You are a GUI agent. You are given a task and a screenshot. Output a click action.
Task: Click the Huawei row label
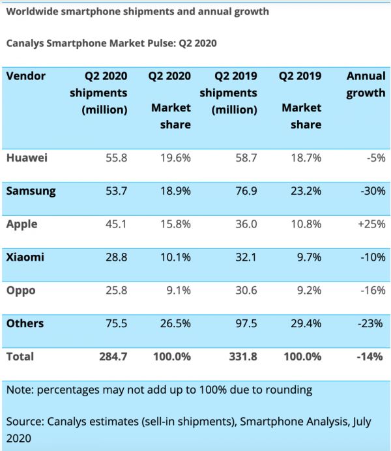point(25,158)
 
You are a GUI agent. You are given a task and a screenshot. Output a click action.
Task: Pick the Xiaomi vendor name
point(25,257)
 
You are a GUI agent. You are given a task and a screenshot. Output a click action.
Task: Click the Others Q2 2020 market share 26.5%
point(175,323)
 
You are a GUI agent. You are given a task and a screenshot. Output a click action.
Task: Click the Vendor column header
point(26,76)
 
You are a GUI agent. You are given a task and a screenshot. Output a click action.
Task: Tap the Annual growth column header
point(366,84)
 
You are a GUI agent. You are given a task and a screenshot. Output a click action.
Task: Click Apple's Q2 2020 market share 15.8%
point(175,224)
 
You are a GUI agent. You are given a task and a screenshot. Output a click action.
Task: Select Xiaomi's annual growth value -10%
point(371,257)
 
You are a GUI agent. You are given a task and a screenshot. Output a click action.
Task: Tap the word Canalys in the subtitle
point(25,44)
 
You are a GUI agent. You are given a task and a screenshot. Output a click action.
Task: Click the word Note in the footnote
point(20,390)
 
